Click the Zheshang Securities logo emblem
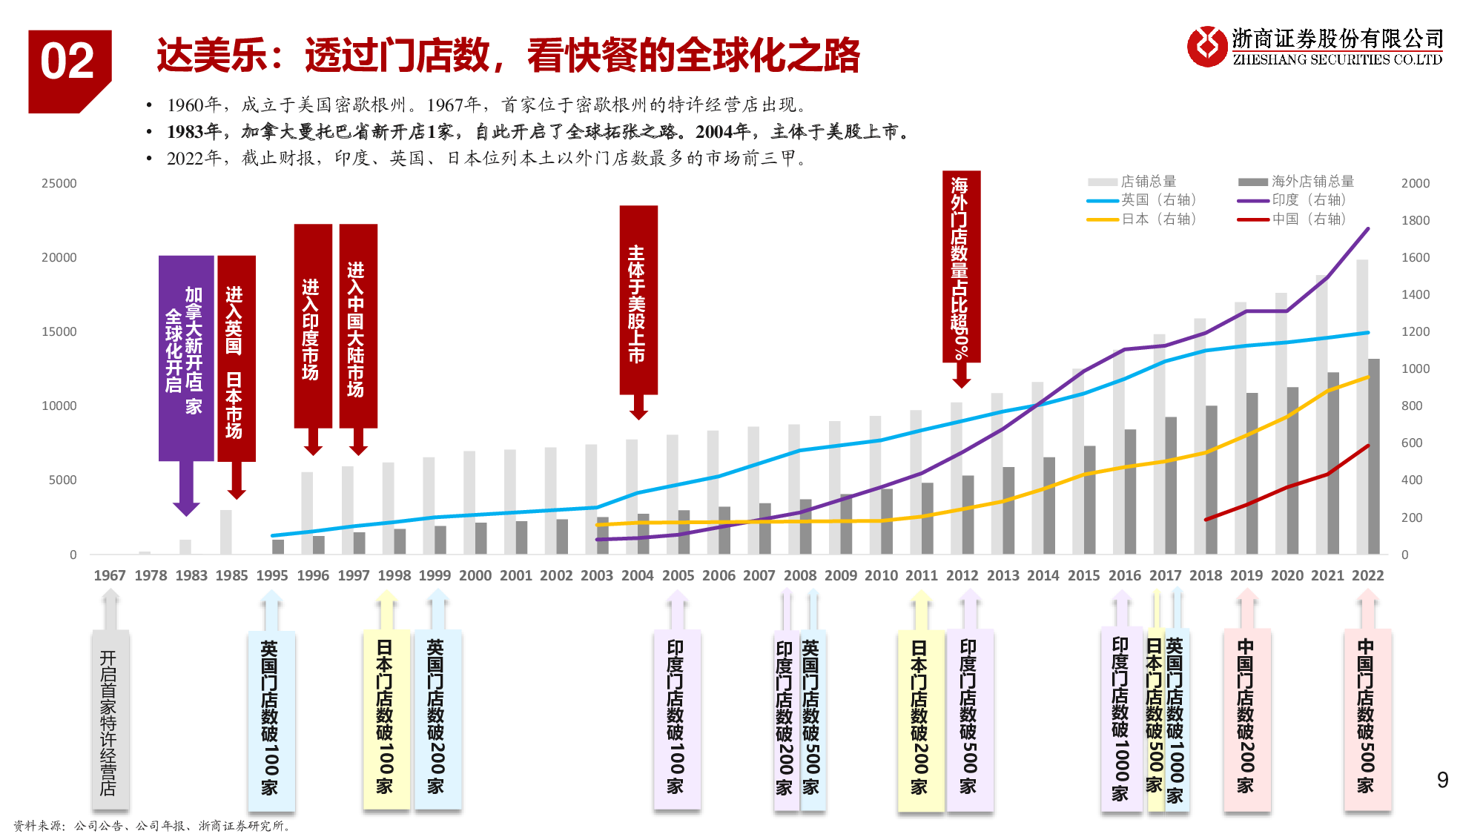(x=1206, y=46)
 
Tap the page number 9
(x=1442, y=780)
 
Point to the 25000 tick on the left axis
(x=59, y=183)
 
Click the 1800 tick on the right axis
(x=1415, y=220)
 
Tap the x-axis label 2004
(x=637, y=575)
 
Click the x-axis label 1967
(x=110, y=575)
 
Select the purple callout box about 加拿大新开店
(x=185, y=358)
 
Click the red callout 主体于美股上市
(x=638, y=300)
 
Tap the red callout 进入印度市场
(x=313, y=326)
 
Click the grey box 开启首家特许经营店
(x=110, y=720)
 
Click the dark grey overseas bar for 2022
(x=1374, y=456)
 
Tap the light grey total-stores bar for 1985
(x=226, y=532)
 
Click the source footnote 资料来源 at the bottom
(x=152, y=825)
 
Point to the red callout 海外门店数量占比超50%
(x=961, y=267)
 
